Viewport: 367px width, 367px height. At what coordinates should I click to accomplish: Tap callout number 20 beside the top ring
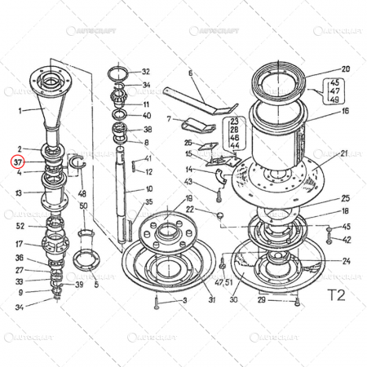[x=344, y=69]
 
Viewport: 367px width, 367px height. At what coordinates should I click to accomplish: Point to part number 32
[x=146, y=72]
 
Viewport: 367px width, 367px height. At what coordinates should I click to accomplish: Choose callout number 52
[x=20, y=226]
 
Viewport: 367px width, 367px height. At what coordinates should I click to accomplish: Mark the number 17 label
[x=19, y=243]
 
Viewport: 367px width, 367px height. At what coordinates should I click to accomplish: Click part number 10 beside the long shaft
[x=148, y=189]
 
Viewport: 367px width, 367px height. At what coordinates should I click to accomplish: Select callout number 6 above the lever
[x=190, y=73]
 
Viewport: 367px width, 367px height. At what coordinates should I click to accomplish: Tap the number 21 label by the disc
[x=344, y=153]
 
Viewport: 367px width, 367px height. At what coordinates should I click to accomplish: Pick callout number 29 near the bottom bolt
[x=261, y=301]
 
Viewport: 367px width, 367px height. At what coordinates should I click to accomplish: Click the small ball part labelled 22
[x=219, y=215]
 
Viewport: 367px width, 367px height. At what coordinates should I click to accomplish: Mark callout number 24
[x=346, y=261]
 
